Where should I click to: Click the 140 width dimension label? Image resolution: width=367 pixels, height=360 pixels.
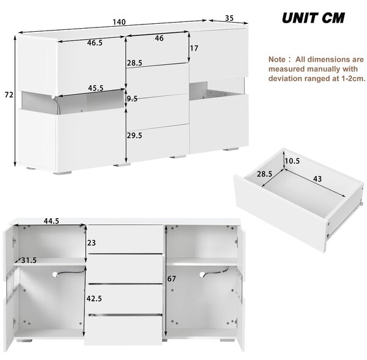pyautogui.click(x=119, y=22)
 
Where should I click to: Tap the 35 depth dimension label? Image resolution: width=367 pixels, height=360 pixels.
pyautogui.click(x=229, y=18)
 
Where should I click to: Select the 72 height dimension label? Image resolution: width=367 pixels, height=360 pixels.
pyautogui.click(x=9, y=95)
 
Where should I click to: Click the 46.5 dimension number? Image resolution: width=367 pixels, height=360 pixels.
pyautogui.click(x=95, y=43)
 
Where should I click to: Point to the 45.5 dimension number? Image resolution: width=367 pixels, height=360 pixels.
pyautogui.click(x=96, y=88)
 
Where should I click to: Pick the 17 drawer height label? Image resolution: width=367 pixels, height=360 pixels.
pyautogui.click(x=194, y=48)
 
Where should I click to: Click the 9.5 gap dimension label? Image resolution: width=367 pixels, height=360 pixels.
pyautogui.click(x=132, y=99)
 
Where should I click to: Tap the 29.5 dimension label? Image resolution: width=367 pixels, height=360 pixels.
pyautogui.click(x=135, y=136)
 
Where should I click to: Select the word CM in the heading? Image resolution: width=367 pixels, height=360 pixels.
pyautogui.click(x=333, y=18)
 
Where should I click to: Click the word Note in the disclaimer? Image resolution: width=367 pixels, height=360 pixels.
pyautogui.click(x=277, y=59)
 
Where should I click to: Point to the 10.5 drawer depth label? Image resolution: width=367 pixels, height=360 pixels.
pyautogui.click(x=292, y=161)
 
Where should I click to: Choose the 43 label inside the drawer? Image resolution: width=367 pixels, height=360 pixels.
pyautogui.click(x=317, y=179)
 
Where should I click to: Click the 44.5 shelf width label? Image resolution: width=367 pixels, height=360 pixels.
pyautogui.click(x=51, y=221)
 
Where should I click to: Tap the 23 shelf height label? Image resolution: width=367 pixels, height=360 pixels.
pyautogui.click(x=92, y=243)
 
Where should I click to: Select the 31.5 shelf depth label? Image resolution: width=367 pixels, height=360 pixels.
pyautogui.click(x=29, y=260)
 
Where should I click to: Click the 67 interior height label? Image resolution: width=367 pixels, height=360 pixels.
pyautogui.click(x=171, y=279)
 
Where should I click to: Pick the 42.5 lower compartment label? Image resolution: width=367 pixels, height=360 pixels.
pyautogui.click(x=94, y=298)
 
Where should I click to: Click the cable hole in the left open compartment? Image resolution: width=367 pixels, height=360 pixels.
pyautogui.click(x=55, y=274)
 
